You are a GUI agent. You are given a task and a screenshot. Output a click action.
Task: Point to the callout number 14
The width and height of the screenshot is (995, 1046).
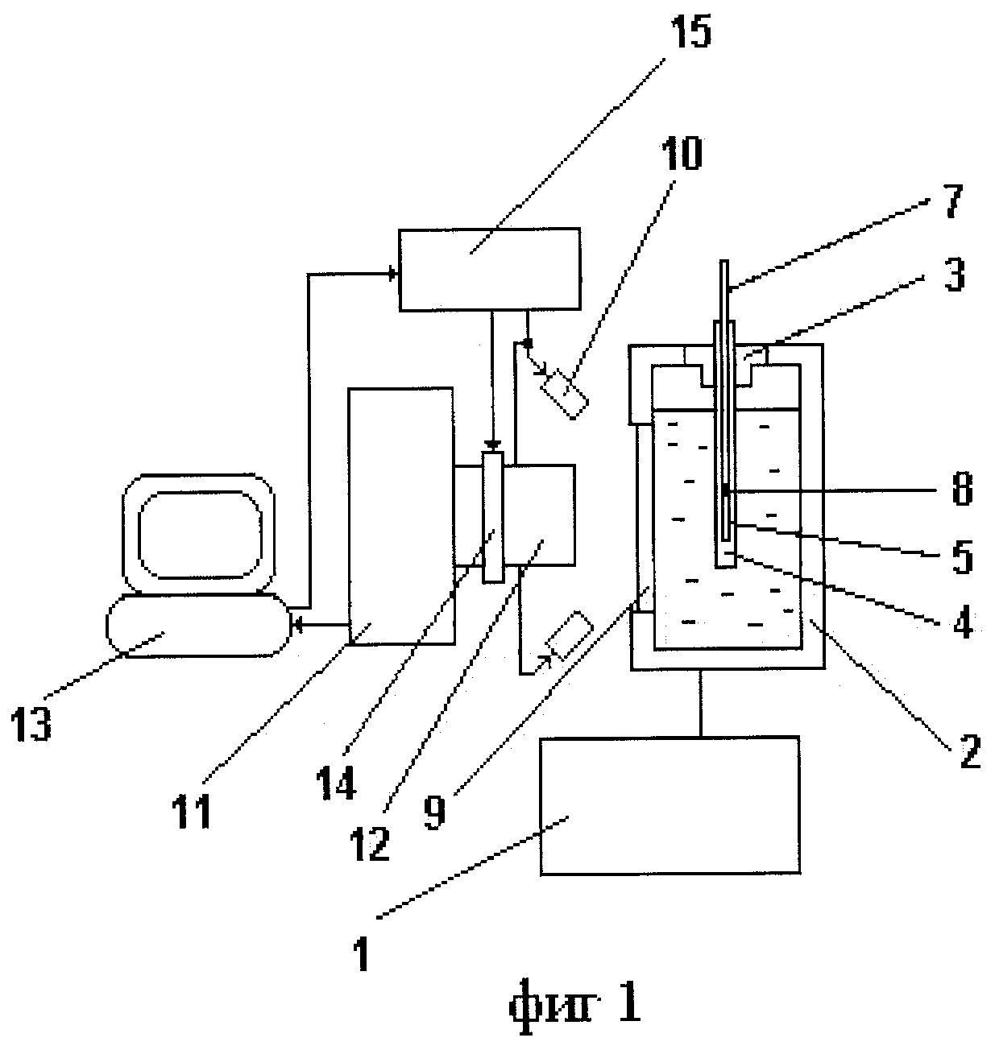point(337,778)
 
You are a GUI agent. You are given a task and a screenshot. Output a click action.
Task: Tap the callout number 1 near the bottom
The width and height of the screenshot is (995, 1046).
point(362,952)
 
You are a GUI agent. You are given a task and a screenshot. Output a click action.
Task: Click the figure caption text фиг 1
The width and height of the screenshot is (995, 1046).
point(573,1005)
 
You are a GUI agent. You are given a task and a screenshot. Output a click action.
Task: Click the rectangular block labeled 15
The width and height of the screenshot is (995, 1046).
point(489,269)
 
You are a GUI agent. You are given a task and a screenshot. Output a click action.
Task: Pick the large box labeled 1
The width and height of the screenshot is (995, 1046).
point(670,804)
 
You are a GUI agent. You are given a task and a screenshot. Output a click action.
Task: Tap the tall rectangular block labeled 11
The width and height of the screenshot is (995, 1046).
point(400,515)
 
